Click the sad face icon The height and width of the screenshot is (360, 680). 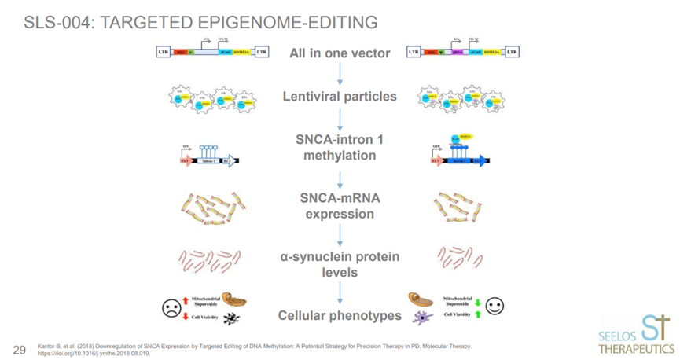coord(170,307)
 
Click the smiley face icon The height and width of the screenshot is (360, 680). coord(494,306)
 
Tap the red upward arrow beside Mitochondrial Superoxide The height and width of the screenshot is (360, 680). coord(185,299)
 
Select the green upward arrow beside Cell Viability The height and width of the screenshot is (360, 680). coord(477,315)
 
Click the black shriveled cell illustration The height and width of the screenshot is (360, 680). coord(232,318)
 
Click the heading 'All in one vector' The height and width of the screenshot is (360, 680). coord(340,53)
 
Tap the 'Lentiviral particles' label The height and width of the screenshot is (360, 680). coord(340,97)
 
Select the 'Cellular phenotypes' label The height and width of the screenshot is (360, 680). coord(340,316)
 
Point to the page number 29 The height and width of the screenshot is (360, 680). coord(20,347)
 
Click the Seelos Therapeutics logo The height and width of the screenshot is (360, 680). coord(635,335)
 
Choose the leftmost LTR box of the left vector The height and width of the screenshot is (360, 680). coord(164,53)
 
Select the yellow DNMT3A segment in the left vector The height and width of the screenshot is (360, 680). coord(246,53)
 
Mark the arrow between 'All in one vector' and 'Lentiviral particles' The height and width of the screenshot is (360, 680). coord(340,74)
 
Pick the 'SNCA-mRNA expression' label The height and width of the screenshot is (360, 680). coord(340,206)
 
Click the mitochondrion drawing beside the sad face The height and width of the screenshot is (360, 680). coord(233,299)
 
